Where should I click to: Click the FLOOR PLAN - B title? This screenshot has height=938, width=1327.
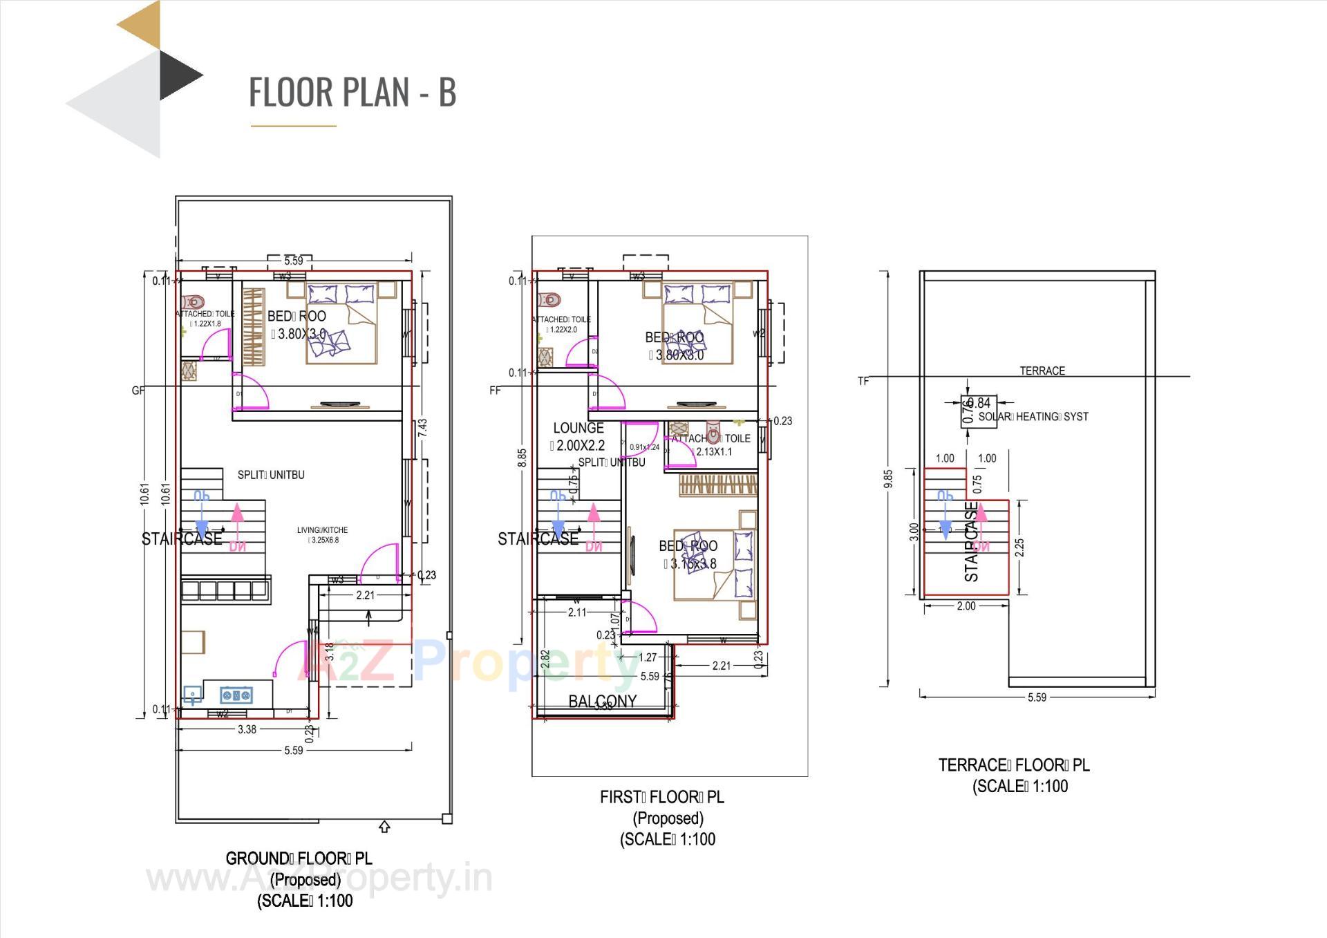click(x=352, y=92)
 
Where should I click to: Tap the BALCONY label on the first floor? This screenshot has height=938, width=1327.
click(x=602, y=701)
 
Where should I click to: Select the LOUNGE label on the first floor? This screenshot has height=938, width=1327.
click(x=578, y=428)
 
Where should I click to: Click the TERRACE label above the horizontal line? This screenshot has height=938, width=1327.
click(x=1042, y=370)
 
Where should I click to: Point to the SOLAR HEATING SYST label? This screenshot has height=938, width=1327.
click(x=1033, y=417)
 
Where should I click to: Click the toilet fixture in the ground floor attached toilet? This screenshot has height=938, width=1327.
click(x=194, y=302)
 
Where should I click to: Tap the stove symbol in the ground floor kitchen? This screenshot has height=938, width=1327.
click(x=236, y=694)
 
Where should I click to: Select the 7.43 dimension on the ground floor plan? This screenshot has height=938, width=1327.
click(x=423, y=427)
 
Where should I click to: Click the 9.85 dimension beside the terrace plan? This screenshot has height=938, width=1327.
click(x=888, y=478)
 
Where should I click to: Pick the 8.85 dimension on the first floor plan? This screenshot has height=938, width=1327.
click(x=523, y=458)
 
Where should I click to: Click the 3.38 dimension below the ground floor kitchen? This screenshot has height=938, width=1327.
click(x=247, y=729)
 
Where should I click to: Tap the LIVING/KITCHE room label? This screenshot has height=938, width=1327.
click(x=322, y=530)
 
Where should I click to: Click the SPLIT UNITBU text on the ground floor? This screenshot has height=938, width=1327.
click(x=271, y=475)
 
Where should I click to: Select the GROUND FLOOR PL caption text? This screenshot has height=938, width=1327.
click(x=299, y=859)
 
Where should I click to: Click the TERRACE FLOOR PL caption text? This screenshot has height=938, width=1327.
click(x=1013, y=765)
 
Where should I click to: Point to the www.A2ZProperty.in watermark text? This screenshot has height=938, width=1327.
click(x=319, y=879)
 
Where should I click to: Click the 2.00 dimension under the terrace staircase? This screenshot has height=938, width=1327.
click(x=966, y=606)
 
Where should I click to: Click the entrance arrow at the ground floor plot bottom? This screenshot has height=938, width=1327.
click(x=385, y=827)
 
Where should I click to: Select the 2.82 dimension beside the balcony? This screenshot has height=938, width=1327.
click(x=545, y=658)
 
